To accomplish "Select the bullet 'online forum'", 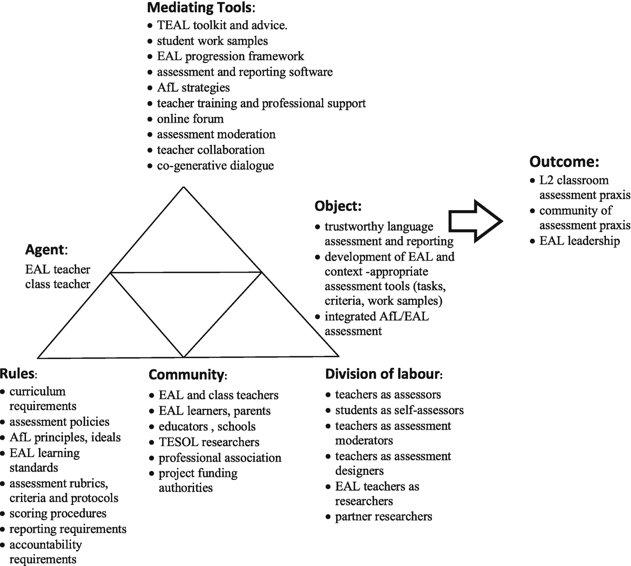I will pyautogui.click(x=190, y=119).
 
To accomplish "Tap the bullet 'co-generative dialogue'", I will pyautogui.click(x=215, y=165).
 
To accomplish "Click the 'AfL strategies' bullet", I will pyautogui.click(x=193, y=87).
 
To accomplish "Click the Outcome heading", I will pyautogui.click(x=564, y=162).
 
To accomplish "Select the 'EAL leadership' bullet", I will pyautogui.click(x=579, y=241).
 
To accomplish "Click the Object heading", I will pyautogui.click(x=338, y=206).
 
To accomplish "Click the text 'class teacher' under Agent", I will pyautogui.click(x=57, y=284).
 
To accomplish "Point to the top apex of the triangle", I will pyautogui.click(x=183, y=187).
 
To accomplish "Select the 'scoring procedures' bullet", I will pyautogui.click(x=57, y=513).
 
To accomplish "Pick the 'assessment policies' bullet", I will pyautogui.click(x=59, y=422).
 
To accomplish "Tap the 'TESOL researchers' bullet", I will pyautogui.click(x=209, y=442).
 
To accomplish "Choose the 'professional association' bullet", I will pyautogui.click(x=220, y=458).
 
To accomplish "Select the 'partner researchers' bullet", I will pyautogui.click(x=383, y=516).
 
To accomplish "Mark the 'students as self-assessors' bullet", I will pyautogui.click(x=399, y=410).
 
